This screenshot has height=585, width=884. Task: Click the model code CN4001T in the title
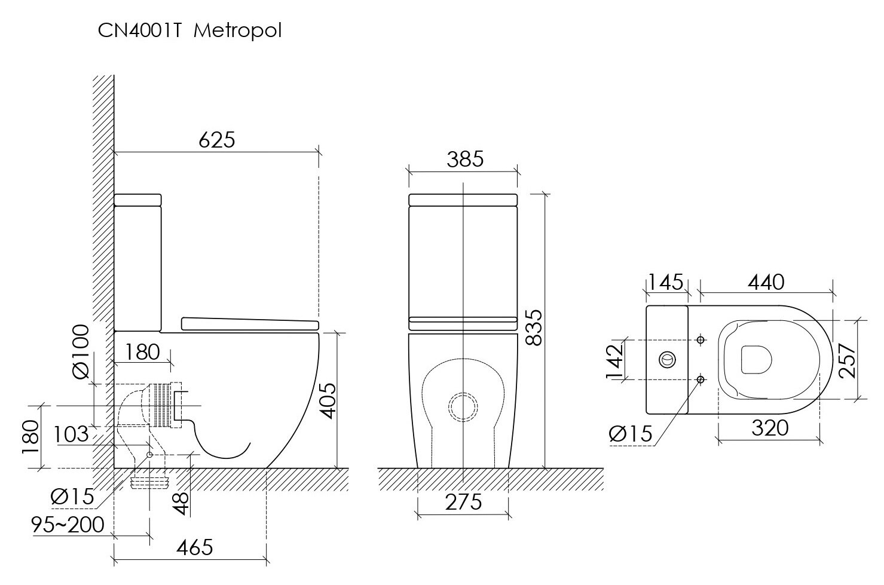point(139,30)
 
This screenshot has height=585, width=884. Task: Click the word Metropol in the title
point(237,31)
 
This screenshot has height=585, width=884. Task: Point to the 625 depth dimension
point(216,140)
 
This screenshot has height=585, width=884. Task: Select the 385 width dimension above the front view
point(465,160)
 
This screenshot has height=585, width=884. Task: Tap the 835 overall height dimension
point(535,328)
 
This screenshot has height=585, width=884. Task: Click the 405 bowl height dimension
point(328,401)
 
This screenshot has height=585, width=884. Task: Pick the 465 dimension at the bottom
point(195,547)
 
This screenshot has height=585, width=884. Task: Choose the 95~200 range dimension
point(68,525)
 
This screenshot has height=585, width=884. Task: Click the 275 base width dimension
point(463,502)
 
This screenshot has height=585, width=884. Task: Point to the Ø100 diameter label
point(82,351)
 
